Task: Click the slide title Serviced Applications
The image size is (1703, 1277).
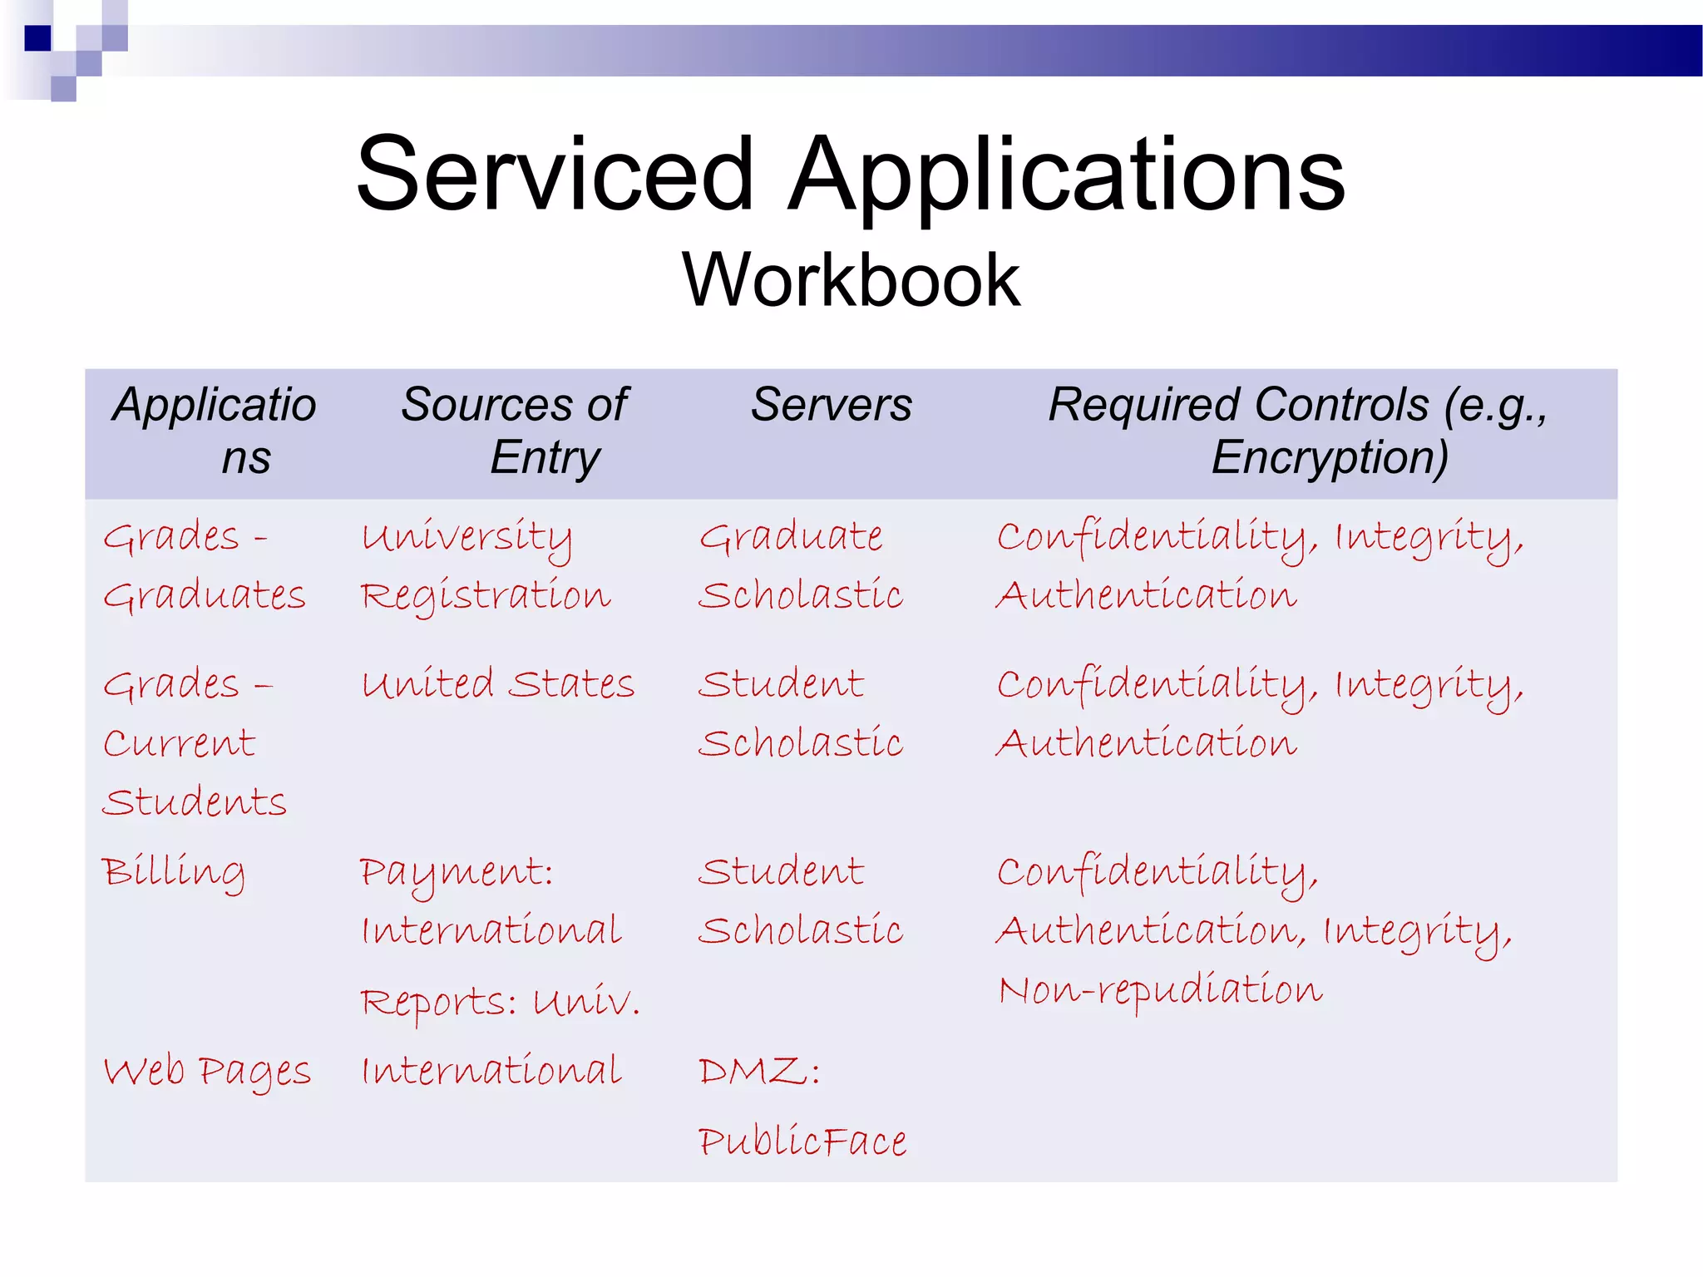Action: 850,175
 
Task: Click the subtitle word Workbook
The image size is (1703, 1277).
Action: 851,280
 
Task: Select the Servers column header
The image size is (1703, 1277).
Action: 831,406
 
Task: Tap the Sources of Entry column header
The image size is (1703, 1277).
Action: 515,431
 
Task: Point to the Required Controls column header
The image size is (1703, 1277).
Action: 1297,431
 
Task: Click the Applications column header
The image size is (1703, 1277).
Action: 215,431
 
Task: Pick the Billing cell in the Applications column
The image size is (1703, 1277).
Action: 173,872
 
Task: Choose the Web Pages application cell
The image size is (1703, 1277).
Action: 206,1071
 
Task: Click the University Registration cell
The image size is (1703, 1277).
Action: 486,566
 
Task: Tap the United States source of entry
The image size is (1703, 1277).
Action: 497,684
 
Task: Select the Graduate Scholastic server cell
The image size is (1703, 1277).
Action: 800,566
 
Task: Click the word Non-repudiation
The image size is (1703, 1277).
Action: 1160,990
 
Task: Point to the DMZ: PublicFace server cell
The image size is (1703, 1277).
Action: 802,1106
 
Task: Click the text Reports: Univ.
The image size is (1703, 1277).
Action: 500,1002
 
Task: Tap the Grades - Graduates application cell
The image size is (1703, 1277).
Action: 205,566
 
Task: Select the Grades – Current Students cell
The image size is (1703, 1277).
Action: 193,742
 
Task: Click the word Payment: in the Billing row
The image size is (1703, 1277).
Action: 457,873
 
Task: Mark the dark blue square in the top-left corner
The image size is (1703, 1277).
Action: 38,38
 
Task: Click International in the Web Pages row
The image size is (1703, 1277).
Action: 491,1071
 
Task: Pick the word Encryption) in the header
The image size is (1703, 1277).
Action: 1329,458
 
